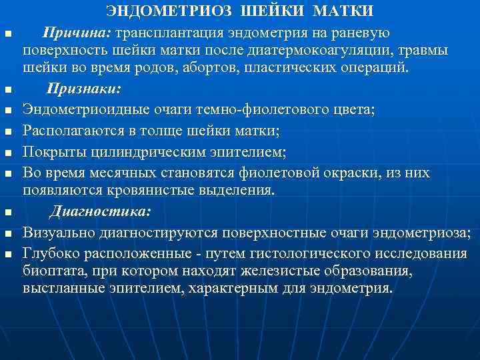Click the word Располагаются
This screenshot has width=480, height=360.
pyautogui.click(x=68, y=130)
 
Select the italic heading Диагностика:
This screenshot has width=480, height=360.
pyautogui.click(x=101, y=213)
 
